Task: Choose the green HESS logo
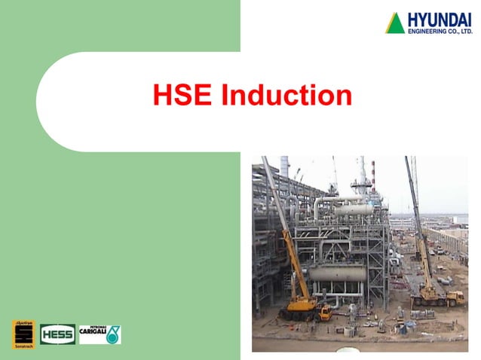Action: point(57,333)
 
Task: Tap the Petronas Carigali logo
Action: point(100,334)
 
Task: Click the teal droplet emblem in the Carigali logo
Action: point(112,334)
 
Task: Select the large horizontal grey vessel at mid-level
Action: point(338,272)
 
